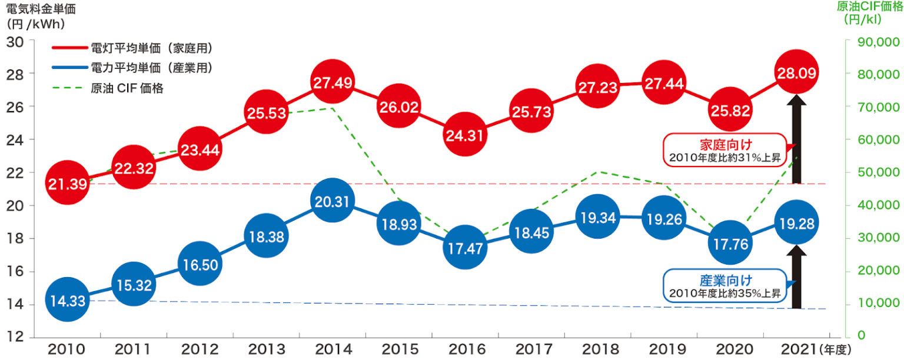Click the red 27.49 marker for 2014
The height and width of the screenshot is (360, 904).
coord(333,83)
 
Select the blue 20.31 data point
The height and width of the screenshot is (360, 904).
coord(333,202)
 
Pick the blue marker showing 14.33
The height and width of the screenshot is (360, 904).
coord(68,301)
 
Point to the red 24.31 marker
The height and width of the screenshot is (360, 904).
coord(464,136)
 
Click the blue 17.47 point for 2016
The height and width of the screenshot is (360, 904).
coord(464,248)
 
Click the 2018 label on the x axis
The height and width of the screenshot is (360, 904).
coord(597,349)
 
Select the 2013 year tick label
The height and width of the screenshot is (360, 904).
coord(266,349)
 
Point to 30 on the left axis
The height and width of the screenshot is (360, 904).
coord(15,42)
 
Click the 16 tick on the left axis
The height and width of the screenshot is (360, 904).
coord(15,272)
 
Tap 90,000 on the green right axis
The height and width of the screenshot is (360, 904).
coord(873,42)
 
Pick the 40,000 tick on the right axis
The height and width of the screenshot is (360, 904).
coord(873,205)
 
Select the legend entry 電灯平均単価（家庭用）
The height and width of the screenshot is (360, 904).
coord(151,48)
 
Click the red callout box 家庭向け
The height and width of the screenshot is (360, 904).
coord(726,151)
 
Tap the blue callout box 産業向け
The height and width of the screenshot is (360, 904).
coord(726,286)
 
